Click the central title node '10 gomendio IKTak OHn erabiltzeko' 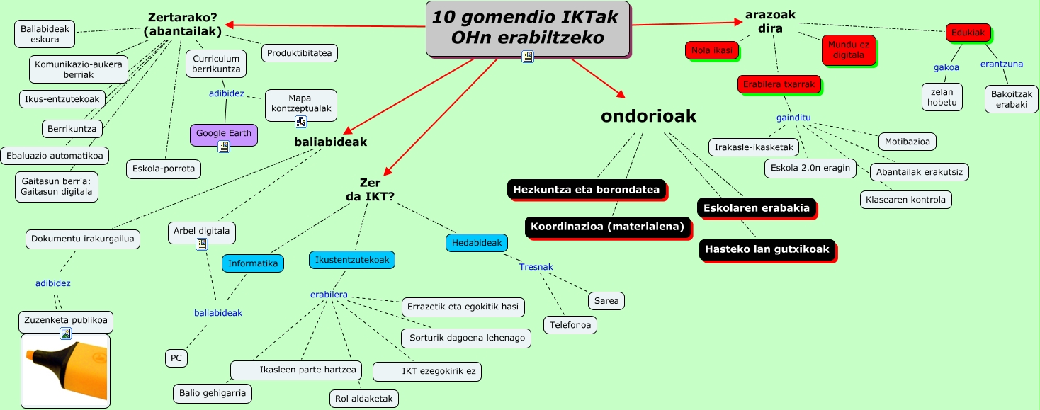pyautogui.click(x=527, y=28)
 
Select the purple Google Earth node pyautogui.click(x=223, y=133)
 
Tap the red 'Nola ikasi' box pyautogui.click(x=712, y=50)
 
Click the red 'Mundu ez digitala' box pyautogui.click(x=849, y=50)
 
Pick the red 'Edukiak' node pyautogui.click(x=968, y=33)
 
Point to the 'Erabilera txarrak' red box pyautogui.click(x=779, y=84)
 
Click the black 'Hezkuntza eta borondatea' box pyautogui.click(x=587, y=190)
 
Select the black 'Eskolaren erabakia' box pyautogui.click(x=757, y=208)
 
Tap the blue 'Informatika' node pyautogui.click(x=253, y=263)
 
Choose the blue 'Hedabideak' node pyautogui.click(x=477, y=243)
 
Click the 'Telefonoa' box pyautogui.click(x=570, y=325)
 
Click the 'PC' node pyautogui.click(x=176, y=358)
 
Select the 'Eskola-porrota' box pyautogui.click(x=164, y=169)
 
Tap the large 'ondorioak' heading pyautogui.click(x=648, y=116)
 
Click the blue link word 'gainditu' pyautogui.click(x=793, y=117)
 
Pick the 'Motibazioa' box pyautogui.click(x=908, y=142)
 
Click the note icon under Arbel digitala pyautogui.click(x=202, y=244)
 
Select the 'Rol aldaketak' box pyautogui.click(x=364, y=399)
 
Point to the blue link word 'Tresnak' pyautogui.click(x=536, y=267)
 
